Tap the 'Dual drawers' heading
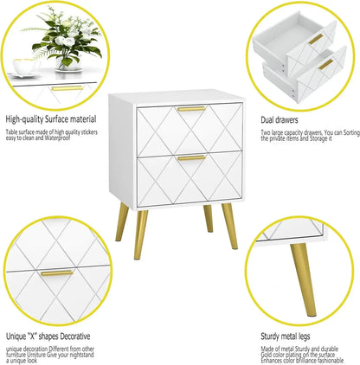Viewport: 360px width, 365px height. point(281,119)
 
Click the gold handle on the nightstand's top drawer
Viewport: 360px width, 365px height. point(191,108)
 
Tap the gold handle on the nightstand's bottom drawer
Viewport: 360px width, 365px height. point(191,157)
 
